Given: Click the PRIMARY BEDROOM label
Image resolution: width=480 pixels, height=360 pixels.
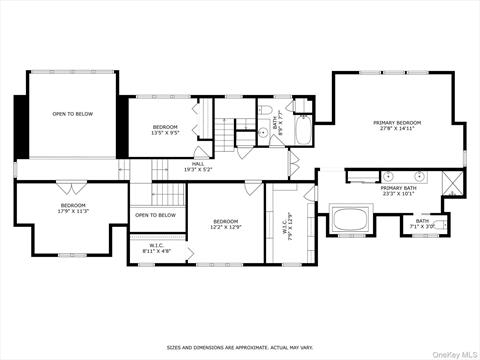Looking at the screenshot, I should pyautogui.click(x=397, y=123).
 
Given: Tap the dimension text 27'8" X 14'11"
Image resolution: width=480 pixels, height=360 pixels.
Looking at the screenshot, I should pyautogui.click(x=397, y=129).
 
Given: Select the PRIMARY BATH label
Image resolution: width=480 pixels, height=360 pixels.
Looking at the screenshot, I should pyautogui.click(x=398, y=188).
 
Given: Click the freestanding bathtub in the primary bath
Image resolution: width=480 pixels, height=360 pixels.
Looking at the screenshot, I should pyautogui.click(x=351, y=219).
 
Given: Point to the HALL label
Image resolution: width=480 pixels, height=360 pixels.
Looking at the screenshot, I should pyautogui.click(x=198, y=163).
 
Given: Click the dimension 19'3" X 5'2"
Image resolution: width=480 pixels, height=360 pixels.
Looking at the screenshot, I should pyautogui.click(x=198, y=169).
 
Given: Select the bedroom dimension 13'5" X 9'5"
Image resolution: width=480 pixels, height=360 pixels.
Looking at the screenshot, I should pyautogui.click(x=165, y=132).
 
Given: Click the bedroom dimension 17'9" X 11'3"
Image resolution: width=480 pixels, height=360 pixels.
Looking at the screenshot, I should pyautogui.click(x=73, y=211).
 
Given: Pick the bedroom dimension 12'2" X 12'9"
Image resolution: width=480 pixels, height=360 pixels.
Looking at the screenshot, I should pyautogui.click(x=225, y=227).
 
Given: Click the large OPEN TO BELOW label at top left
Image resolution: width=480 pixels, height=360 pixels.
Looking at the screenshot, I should pyautogui.click(x=72, y=114).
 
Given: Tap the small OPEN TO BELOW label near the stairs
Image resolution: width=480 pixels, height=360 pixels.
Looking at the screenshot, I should pyautogui.click(x=155, y=215).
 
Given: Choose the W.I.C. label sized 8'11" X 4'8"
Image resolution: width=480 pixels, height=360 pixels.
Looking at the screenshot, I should pyautogui.click(x=156, y=248).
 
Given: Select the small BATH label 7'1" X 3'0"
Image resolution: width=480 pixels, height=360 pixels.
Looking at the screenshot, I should pyautogui.click(x=422, y=224).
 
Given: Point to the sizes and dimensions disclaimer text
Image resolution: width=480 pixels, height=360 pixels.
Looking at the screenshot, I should pyautogui.click(x=239, y=348).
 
